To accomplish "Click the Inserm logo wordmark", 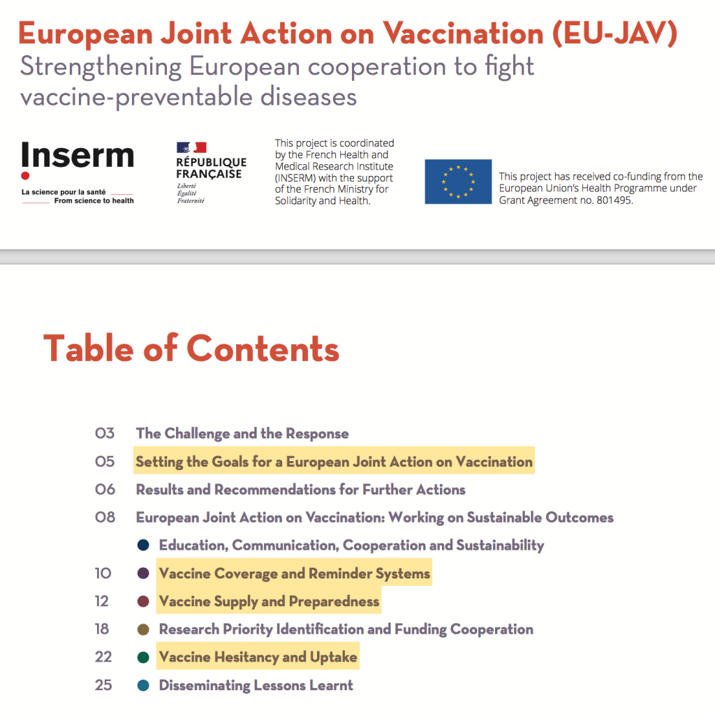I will click(77, 156).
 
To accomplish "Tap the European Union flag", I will click(458, 182).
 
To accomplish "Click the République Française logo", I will click(211, 172).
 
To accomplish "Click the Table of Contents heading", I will click(191, 348).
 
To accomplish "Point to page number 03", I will click(105, 434).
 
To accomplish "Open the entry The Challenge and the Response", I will click(242, 434).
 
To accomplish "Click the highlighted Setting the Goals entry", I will click(334, 462).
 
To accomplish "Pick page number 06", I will click(105, 490).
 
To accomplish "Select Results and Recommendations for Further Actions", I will click(300, 490).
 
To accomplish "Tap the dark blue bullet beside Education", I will click(144, 546).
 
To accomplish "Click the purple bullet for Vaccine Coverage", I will click(144, 573).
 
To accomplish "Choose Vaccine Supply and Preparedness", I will click(269, 601).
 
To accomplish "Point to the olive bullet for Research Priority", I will click(144, 629).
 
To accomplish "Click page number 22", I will click(103, 657).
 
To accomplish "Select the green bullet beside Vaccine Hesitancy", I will click(144, 657).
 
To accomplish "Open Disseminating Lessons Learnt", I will click(256, 685).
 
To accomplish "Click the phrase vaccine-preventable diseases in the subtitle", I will click(189, 96).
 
